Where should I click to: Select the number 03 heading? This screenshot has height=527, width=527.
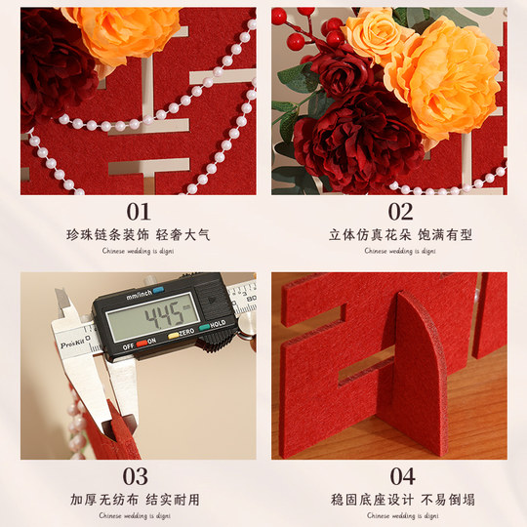point(138,476)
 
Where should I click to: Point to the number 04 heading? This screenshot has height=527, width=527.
point(402,476)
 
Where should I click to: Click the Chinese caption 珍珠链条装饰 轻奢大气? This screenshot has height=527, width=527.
point(138,235)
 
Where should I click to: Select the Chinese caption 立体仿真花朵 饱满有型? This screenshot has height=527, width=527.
point(401,235)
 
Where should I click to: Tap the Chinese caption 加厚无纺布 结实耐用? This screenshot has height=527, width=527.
point(138,500)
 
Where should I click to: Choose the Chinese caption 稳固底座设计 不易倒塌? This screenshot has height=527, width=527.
point(401,500)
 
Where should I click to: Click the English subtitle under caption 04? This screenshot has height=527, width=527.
point(401,514)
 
